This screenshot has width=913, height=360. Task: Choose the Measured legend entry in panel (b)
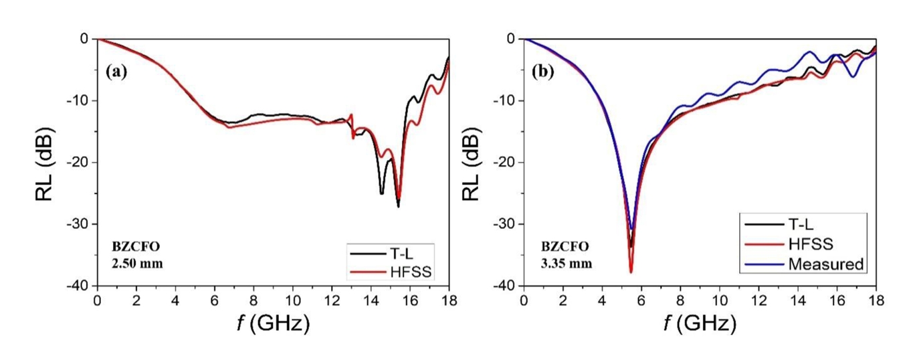tap(825, 264)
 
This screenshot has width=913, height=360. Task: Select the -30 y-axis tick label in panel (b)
tap(505, 224)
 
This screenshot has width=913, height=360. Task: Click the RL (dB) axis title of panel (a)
tap(45, 162)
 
